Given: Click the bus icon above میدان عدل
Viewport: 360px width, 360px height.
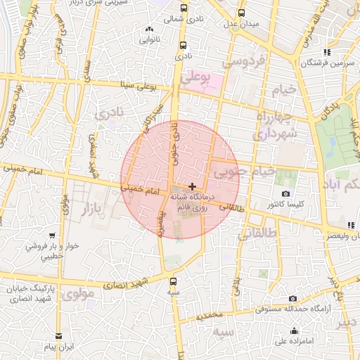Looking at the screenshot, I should coord(243,13).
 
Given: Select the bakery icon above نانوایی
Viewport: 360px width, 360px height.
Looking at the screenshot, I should coord(148,30).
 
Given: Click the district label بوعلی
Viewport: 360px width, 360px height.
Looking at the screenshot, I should coord(195,79).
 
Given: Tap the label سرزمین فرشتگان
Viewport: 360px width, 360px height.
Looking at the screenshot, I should coord(304,63).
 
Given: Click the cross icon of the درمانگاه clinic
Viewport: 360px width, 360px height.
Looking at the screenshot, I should coord(192,186).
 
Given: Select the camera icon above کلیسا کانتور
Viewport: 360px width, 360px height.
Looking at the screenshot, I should coord(285,194).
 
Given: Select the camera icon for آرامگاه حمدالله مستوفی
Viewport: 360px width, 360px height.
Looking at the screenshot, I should coord(292,299).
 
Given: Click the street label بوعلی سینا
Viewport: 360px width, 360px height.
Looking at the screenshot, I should coord(136,87).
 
